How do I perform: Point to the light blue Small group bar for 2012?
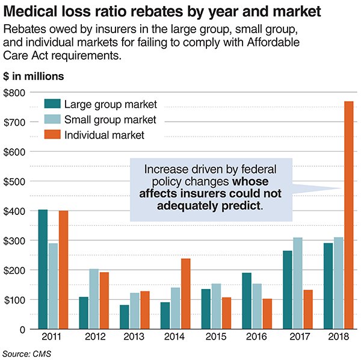click(x=93, y=299)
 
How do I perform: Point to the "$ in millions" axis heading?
click(x=34, y=76)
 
